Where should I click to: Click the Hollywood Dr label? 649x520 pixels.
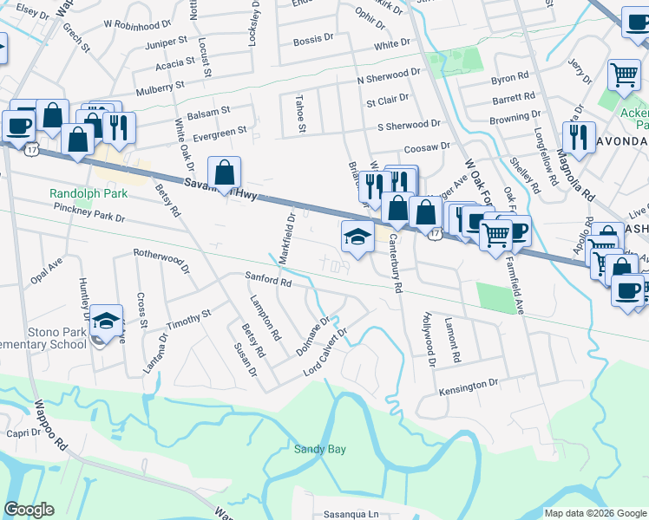(429, 334)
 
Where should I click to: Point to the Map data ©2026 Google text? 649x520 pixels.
(594, 513)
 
